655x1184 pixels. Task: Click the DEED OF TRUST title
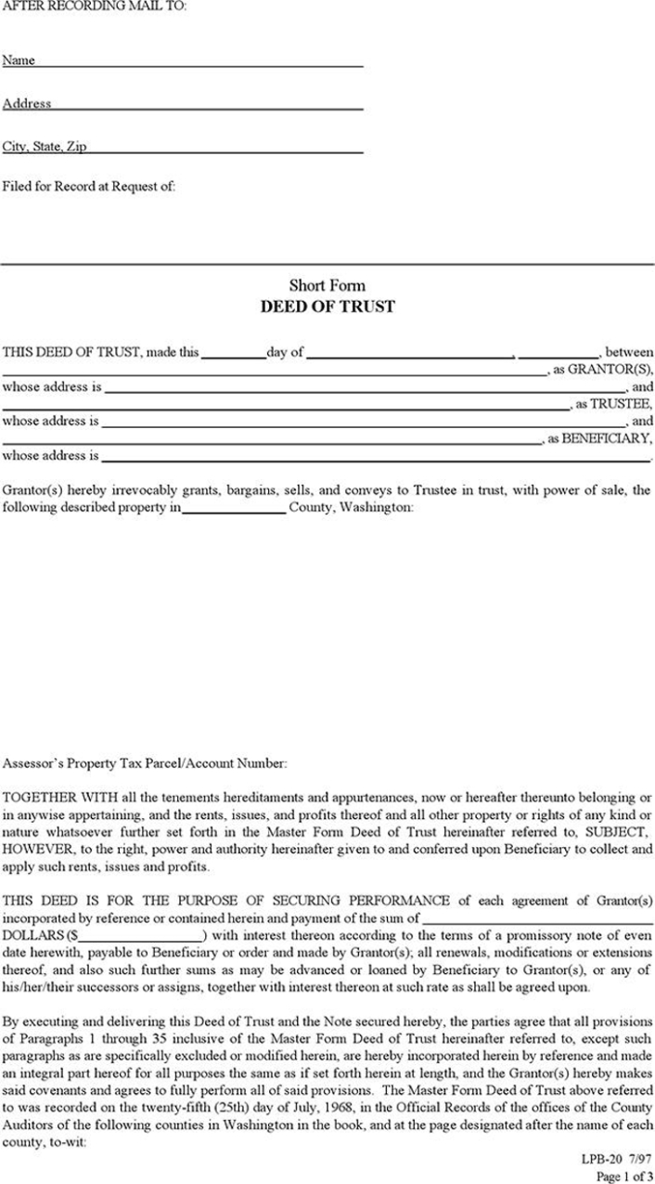click(x=327, y=306)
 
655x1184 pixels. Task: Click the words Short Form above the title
click(x=327, y=285)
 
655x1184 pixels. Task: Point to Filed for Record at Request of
click(x=89, y=186)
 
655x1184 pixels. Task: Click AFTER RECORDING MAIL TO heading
click(x=94, y=7)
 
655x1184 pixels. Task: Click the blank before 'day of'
click(x=233, y=354)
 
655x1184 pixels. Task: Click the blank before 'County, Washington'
click(x=234, y=509)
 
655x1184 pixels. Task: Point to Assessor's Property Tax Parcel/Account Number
click(x=145, y=763)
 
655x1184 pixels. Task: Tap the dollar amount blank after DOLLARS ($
click(x=141, y=934)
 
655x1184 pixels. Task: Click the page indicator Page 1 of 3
click(x=624, y=1177)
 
